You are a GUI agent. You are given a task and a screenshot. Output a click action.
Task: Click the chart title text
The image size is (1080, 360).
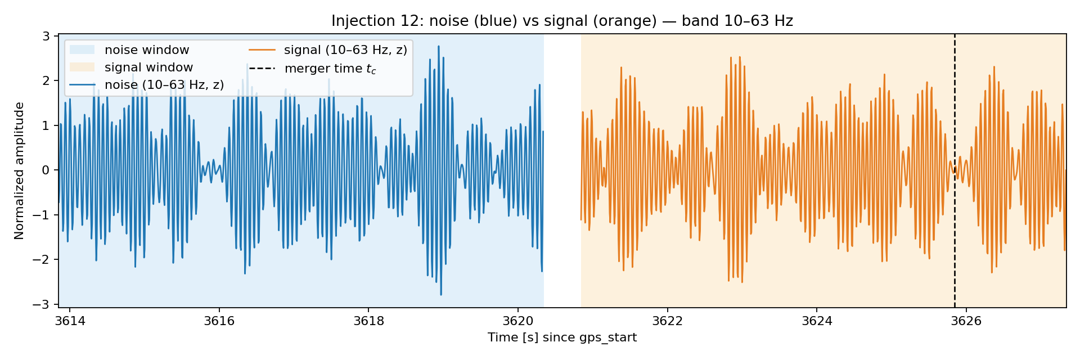562,21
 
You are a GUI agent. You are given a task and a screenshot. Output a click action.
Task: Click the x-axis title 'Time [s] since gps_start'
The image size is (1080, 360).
562,337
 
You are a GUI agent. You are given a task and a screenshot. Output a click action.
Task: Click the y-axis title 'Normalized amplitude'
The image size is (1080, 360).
20,170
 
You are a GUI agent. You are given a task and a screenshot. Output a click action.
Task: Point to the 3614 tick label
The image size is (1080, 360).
70,321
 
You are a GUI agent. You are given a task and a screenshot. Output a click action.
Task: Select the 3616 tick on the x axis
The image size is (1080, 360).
219,321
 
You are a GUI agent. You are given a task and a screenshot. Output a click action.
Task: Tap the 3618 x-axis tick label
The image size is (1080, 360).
368,321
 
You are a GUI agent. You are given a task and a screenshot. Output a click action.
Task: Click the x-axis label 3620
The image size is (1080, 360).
518,321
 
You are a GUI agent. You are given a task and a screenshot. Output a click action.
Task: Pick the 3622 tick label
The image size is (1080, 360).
667,321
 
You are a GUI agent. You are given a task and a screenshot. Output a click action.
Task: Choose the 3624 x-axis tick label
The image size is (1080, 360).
817,321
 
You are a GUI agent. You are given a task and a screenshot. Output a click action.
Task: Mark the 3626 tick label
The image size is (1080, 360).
966,321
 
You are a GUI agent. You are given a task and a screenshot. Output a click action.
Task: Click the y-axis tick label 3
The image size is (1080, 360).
47,36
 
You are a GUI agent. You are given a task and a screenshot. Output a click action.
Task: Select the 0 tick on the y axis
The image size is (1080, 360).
47,170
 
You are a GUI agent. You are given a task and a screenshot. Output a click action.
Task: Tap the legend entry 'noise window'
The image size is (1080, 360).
129,50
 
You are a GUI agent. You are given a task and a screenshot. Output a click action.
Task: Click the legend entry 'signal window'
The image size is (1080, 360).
131,67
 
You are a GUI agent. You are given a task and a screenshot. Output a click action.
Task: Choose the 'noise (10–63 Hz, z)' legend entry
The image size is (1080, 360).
147,85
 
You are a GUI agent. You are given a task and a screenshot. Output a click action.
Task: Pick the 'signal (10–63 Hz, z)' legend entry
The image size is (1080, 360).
328,50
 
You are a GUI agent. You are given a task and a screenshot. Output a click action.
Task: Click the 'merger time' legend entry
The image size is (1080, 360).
313,69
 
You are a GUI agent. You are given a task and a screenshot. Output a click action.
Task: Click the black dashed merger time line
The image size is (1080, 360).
955,170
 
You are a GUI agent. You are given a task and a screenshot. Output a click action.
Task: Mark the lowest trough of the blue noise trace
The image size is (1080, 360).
441,295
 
